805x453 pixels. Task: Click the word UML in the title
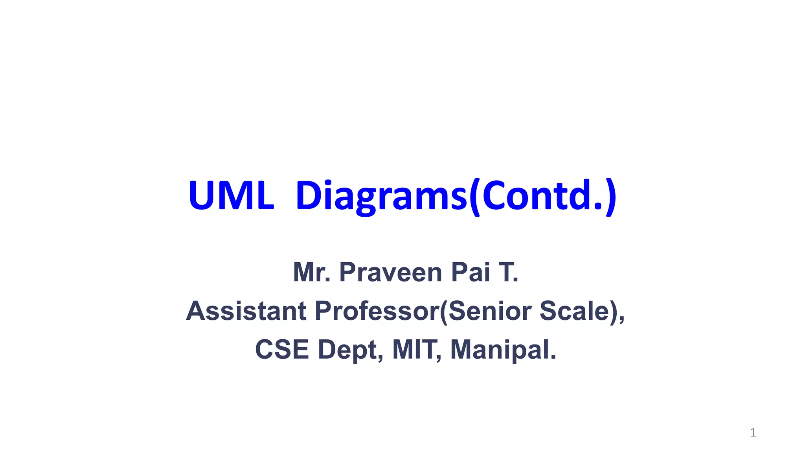(231, 196)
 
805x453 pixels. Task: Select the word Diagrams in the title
(381, 196)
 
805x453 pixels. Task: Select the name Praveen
(391, 272)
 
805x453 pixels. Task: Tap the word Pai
(471, 272)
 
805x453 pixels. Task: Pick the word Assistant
(246, 311)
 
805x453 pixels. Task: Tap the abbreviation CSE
(282, 349)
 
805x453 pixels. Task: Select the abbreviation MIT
(415, 349)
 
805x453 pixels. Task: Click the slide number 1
(753, 433)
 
